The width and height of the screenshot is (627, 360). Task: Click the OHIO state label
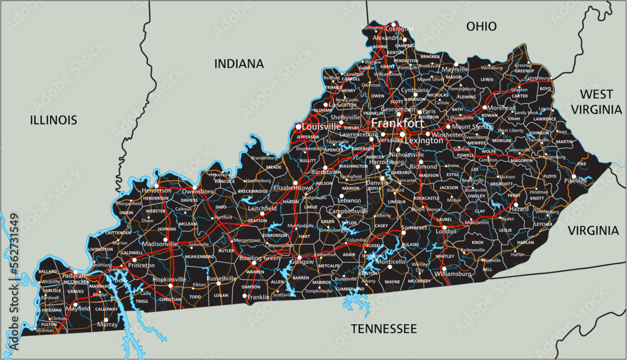click(x=482, y=26)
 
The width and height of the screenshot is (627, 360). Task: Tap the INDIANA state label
click(x=239, y=63)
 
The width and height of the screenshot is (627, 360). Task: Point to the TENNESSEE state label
click(x=384, y=329)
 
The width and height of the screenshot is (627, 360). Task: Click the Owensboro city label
click(x=198, y=190)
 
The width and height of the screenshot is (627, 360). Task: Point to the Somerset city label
click(x=414, y=227)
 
